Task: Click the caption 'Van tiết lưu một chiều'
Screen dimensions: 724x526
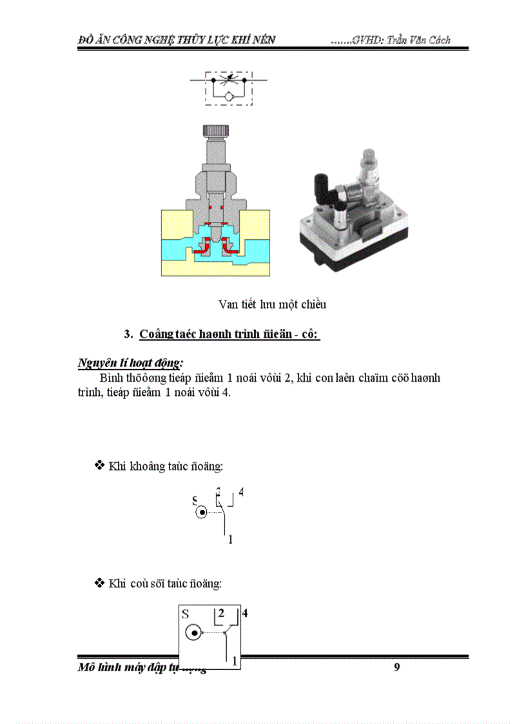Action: point(272,304)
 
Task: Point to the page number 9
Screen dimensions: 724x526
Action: point(397,667)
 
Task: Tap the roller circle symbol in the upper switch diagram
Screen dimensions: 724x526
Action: point(202,513)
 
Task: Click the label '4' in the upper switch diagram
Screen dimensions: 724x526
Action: point(241,493)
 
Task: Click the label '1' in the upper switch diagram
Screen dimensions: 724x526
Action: point(230,540)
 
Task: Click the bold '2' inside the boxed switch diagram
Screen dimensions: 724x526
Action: point(220,613)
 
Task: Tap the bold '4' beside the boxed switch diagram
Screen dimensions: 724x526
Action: point(245,613)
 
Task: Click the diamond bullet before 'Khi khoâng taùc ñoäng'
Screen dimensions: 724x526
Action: point(100,465)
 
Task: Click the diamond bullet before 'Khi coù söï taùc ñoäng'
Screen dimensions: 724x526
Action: point(100,583)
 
